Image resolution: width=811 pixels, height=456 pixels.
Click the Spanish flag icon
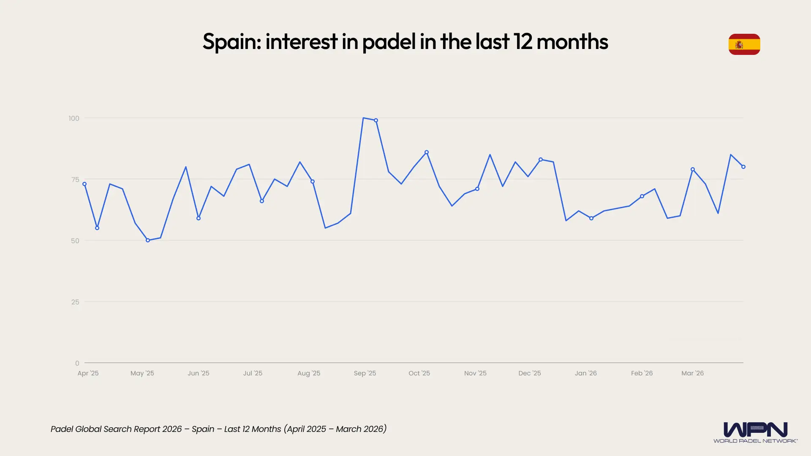(x=744, y=44)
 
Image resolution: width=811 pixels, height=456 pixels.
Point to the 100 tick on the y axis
(x=74, y=118)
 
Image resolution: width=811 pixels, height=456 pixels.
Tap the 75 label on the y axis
(x=75, y=179)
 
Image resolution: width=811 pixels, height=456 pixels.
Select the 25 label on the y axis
(x=75, y=302)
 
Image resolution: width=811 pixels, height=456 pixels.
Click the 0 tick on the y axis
(x=77, y=363)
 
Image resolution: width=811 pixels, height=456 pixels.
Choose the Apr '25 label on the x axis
(x=88, y=373)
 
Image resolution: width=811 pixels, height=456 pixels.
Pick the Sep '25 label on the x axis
(x=365, y=373)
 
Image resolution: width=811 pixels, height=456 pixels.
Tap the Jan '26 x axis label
(x=585, y=373)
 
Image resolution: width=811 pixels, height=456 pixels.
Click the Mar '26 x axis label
(x=692, y=373)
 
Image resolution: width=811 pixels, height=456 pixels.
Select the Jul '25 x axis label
(x=253, y=373)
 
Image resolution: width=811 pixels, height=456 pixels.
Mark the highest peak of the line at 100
(x=363, y=118)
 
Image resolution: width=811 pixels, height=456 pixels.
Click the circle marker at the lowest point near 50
(x=148, y=240)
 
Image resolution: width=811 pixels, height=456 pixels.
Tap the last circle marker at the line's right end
(x=743, y=167)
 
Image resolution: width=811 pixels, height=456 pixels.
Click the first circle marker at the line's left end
(x=84, y=184)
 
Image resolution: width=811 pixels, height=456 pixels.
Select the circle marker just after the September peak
(x=376, y=120)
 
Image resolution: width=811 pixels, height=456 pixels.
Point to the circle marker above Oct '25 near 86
(x=427, y=152)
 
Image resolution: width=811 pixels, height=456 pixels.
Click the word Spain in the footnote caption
(x=203, y=429)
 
